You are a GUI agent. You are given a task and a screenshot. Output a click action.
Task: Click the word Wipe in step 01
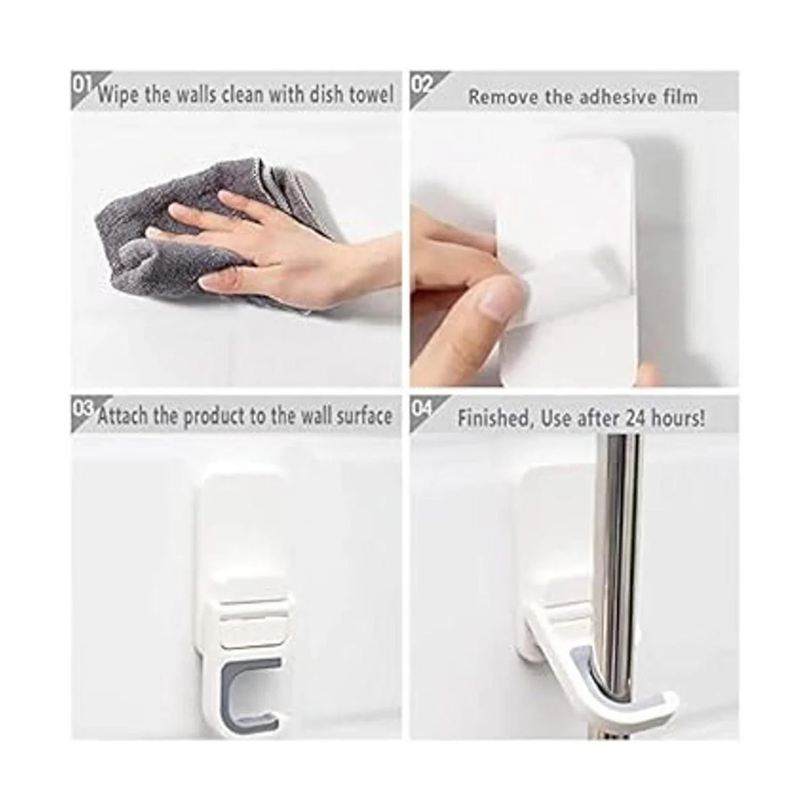(x=119, y=95)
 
